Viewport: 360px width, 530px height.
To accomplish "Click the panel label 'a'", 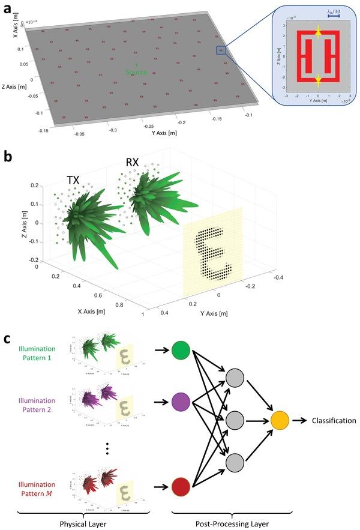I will [8, 8].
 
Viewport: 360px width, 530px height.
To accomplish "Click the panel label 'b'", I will [8, 157].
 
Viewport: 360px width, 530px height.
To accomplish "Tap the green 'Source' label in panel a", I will [136, 72].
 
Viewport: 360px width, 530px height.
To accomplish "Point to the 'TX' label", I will [75, 179].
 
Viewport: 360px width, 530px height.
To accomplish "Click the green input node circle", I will [180, 351].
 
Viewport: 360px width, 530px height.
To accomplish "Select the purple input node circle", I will [180, 400].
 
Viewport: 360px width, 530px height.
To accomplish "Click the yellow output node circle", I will [280, 421].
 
